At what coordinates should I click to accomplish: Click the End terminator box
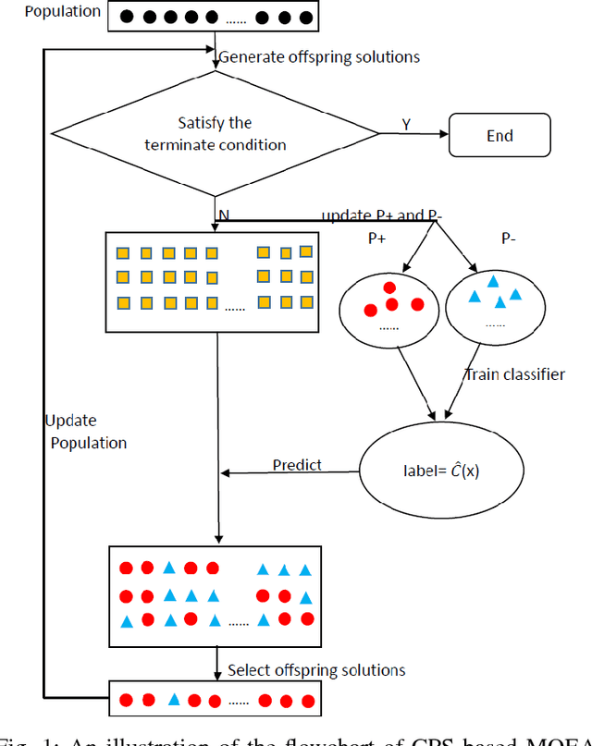[499, 135]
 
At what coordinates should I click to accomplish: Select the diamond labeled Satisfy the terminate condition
[215, 134]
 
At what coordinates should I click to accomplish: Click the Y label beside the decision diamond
[407, 123]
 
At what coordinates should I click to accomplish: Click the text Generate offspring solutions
[319, 57]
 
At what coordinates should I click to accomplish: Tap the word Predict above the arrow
[297, 464]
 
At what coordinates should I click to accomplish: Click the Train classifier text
[514, 375]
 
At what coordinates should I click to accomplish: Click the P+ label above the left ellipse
[377, 237]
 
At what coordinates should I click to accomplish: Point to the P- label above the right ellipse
[511, 237]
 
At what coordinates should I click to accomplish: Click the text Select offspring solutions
[316, 670]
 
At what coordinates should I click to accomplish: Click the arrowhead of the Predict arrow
[225, 473]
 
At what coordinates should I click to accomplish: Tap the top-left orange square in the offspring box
[122, 252]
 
